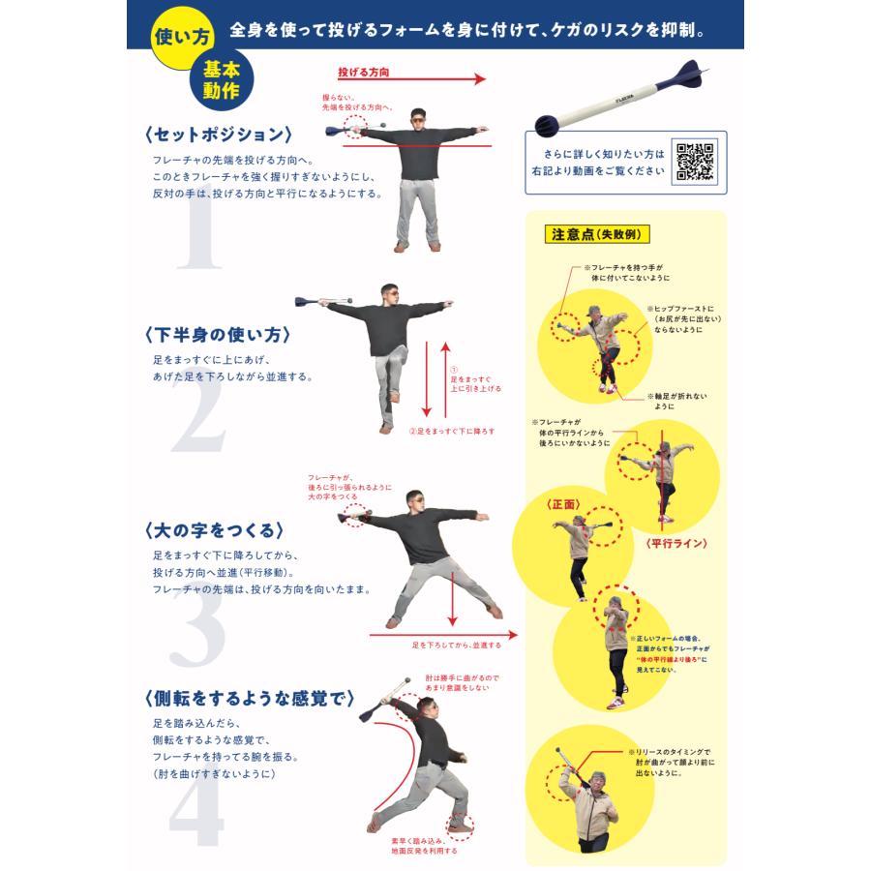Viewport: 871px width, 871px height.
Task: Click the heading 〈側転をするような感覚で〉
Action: click(x=248, y=699)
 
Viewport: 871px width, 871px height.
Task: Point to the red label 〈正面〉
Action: click(x=562, y=504)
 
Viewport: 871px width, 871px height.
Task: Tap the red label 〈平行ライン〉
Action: click(x=676, y=544)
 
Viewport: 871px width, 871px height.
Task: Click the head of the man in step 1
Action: click(x=417, y=117)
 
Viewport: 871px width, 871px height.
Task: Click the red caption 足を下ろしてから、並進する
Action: click(x=457, y=644)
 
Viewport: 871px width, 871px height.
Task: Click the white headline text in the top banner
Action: click(x=466, y=30)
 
